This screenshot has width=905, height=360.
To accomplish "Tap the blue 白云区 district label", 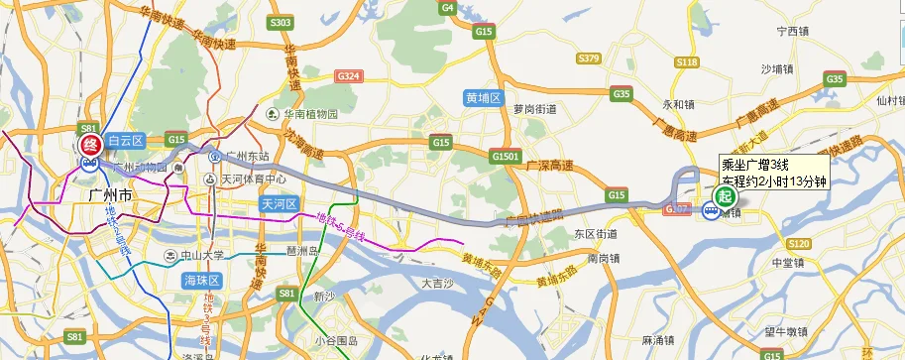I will tap(126, 142).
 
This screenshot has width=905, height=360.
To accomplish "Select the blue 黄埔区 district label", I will tap(486, 98).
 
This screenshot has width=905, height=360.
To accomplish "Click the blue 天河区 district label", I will tap(280, 203).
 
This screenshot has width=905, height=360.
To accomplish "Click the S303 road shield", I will tap(281, 22).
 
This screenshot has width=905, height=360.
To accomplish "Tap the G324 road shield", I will tap(349, 75).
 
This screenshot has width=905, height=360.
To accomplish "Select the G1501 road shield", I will tap(504, 157).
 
